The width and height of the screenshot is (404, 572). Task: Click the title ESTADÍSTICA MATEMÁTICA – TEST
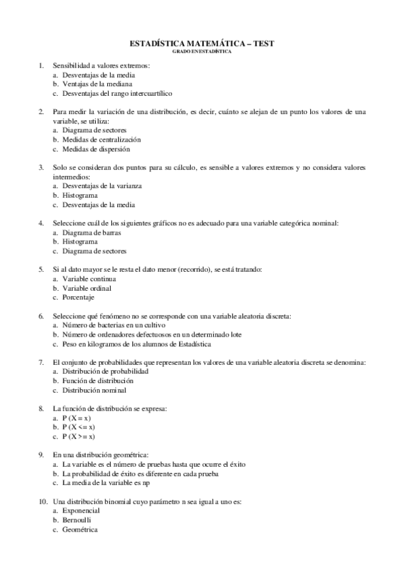(x=202, y=42)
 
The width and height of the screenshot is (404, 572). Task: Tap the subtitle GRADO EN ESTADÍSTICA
(x=202, y=50)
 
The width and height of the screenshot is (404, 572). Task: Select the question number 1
(x=42, y=65)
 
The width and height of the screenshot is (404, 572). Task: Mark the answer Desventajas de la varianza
(x=102, y=185)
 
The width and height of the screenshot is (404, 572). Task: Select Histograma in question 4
(x=80, y=241)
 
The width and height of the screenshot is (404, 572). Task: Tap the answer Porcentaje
(x=78, y=297)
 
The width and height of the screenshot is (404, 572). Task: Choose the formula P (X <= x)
(x=79, y=427)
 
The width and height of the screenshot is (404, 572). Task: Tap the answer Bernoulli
(x=77, y=520)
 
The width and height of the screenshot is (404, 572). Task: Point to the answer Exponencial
(x=81, y=511)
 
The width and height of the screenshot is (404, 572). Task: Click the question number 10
(x=42, y=502)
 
